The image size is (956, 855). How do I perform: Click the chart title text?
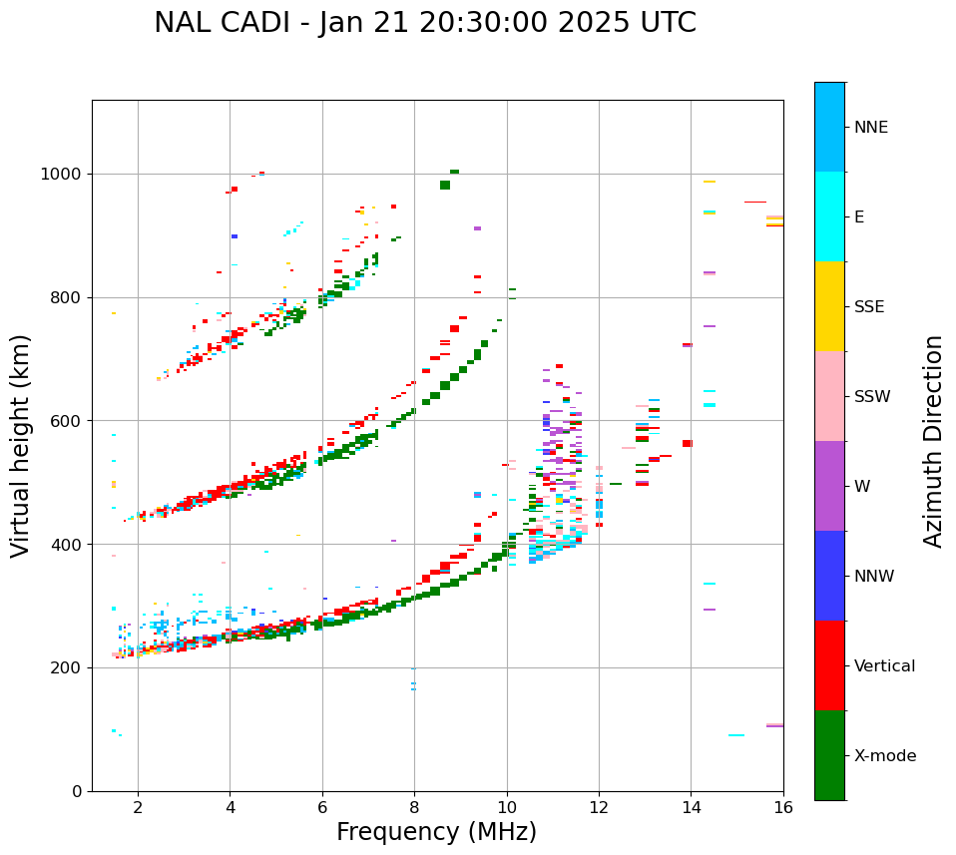click(x=425, y=23)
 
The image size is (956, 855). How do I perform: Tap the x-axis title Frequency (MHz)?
click(x=436, y=832)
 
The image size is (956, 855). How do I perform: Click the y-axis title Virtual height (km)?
click(x=21, y=445)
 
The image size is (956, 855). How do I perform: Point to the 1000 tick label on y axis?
click(x=62, y=175)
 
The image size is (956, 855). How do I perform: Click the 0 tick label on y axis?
click(x=77, y=791)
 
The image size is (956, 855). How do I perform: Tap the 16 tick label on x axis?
click(x=783, y=807)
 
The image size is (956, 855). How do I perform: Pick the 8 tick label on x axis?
click(x=414, y=807)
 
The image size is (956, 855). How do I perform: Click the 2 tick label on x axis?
click(x=138, y=807)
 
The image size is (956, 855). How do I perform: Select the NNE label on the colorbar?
click(x=870, y=128)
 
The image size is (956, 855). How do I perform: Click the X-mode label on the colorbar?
click(x=885, y=756)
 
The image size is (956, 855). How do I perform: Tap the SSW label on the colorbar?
click(x=872, y=397)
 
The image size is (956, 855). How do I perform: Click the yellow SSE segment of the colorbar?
click(x=829, y=306)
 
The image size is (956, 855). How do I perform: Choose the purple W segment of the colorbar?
click(x=829, y=486)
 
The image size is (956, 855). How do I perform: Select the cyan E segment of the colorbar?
click(x=829, y=216)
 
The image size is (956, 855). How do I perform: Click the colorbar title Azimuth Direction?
click(x=933, y=441)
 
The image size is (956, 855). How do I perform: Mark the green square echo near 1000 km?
click(x=445, y=185)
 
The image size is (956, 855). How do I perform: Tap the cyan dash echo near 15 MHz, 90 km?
click(x=736, y=735)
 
